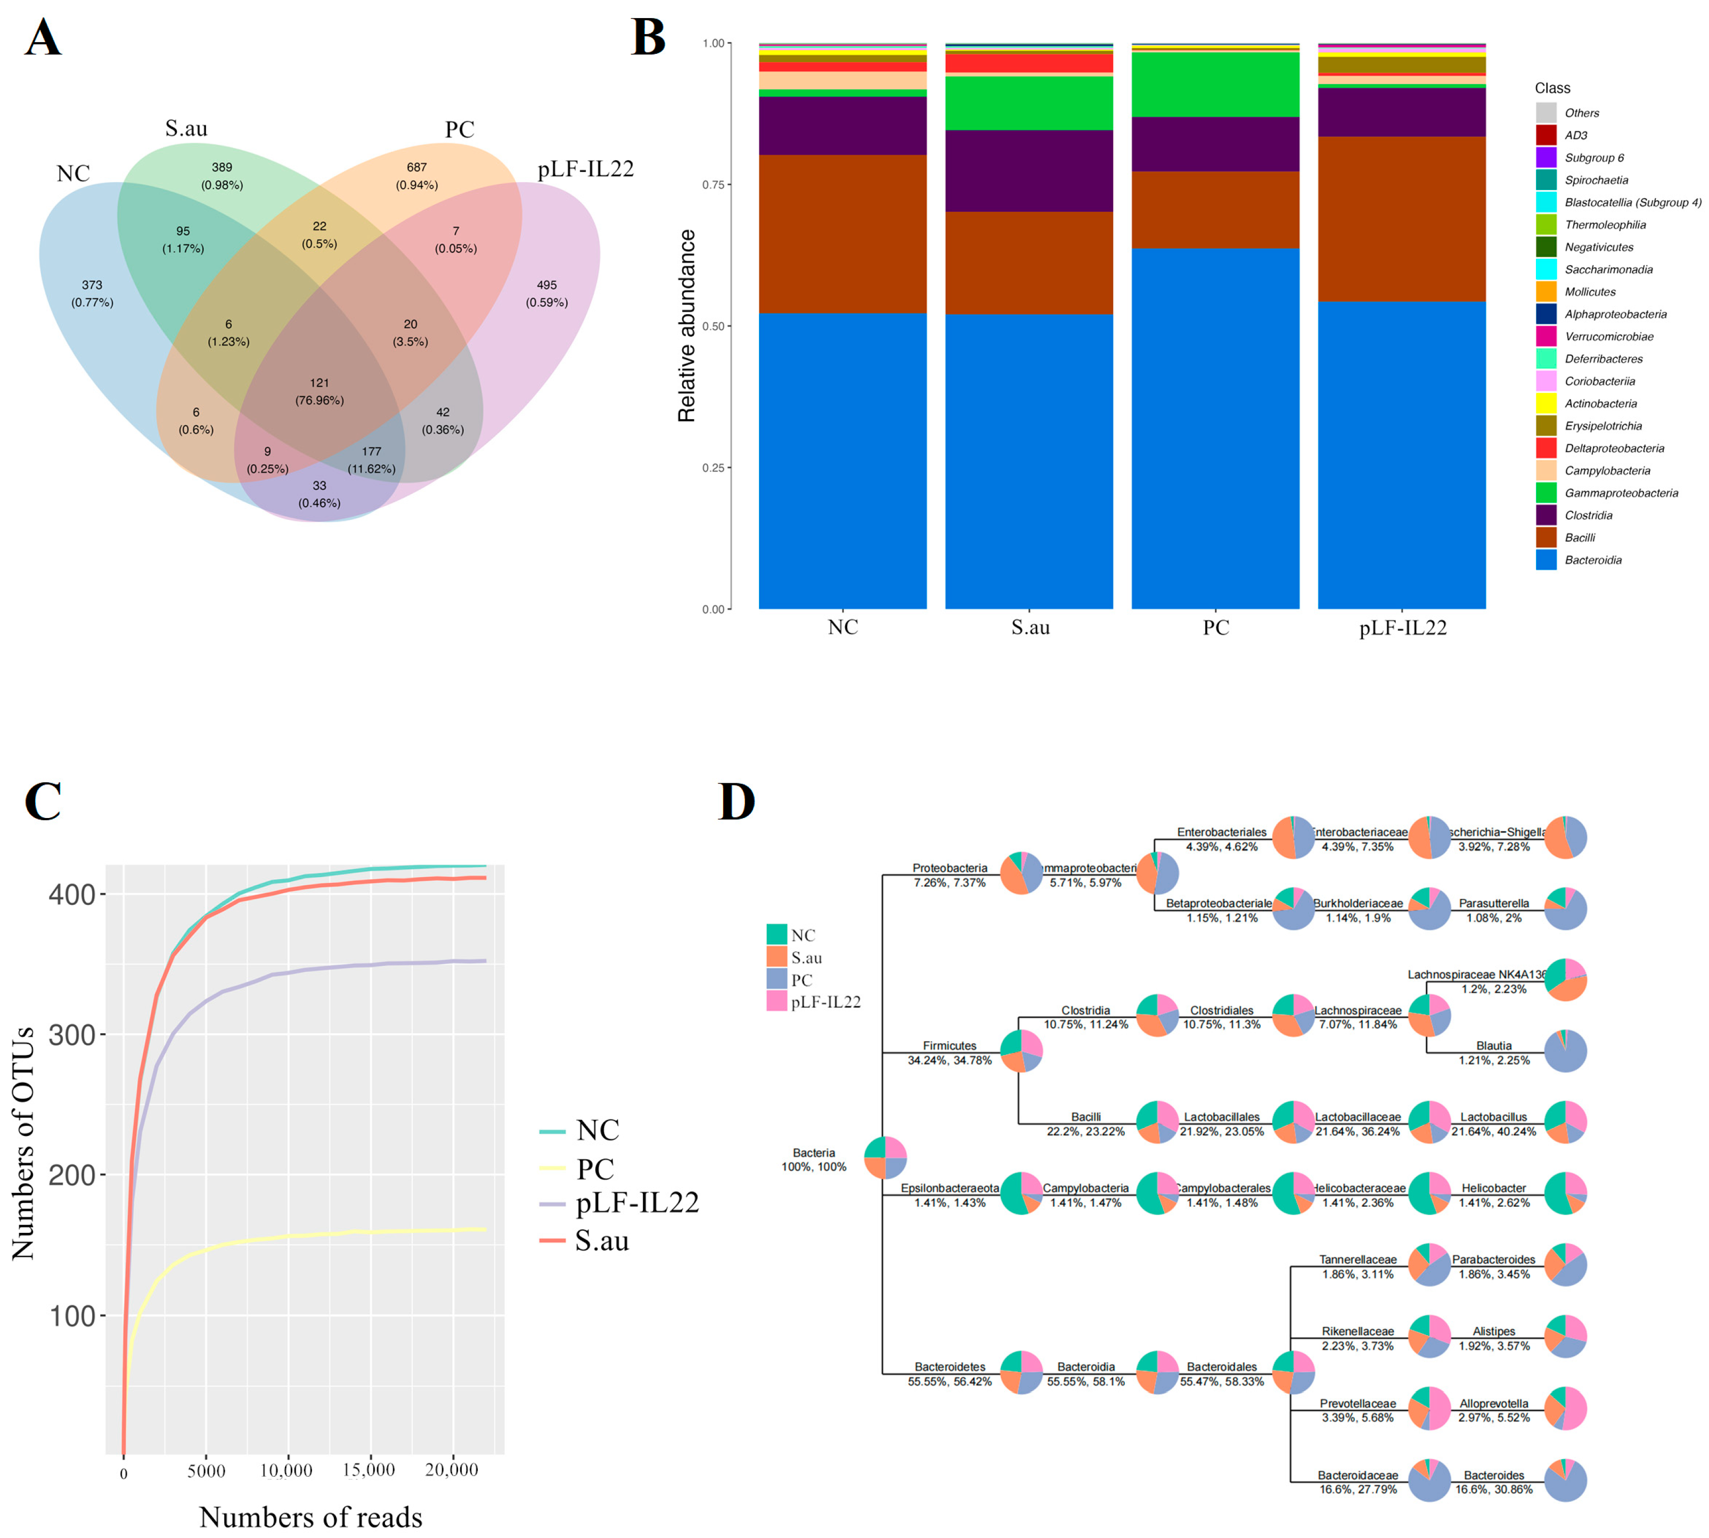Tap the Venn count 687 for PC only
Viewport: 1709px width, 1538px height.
click(416, 167)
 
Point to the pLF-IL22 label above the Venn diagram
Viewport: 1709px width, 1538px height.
click(586, 169)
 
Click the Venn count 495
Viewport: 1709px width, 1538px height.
click(547, 285)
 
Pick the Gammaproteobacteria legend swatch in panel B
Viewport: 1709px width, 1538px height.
click(1546, 493)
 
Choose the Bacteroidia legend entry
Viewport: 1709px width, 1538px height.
click(1592, 560)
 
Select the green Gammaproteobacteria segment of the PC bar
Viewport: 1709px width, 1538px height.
click(1215, 85)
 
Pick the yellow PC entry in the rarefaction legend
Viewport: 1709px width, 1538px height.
click(594, 1169)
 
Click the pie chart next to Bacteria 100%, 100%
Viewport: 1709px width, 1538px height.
click(885, 1158)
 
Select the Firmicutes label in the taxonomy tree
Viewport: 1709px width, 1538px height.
click(949, 1045)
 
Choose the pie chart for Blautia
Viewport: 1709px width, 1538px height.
click(1565, 1051)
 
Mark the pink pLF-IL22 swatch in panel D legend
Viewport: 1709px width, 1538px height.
click(776, 1001)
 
